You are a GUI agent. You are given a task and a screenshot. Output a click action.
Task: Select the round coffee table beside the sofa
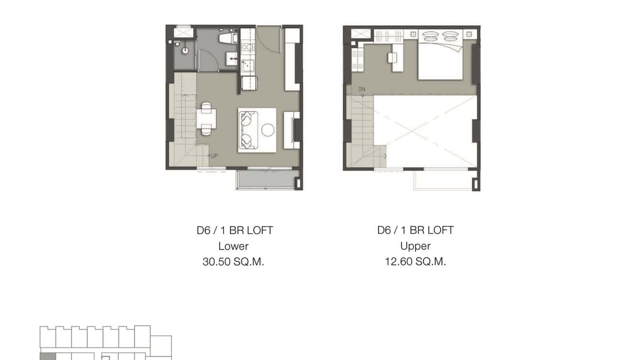(268, 129)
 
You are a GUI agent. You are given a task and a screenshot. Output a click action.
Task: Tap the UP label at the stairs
(214, 156)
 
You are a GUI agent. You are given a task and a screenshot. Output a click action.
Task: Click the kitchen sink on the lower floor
(247, 66)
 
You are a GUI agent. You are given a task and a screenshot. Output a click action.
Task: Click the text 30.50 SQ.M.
(233, 262)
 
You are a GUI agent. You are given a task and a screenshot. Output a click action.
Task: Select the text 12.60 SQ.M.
(415, 262)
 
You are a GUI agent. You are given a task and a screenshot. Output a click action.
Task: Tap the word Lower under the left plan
(233, 246)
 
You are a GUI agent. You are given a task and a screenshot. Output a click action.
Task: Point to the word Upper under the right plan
(415, 246)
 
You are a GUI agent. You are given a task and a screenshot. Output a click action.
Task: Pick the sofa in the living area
(247, 129)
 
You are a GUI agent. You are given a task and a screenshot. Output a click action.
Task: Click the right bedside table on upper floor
(469, 34)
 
